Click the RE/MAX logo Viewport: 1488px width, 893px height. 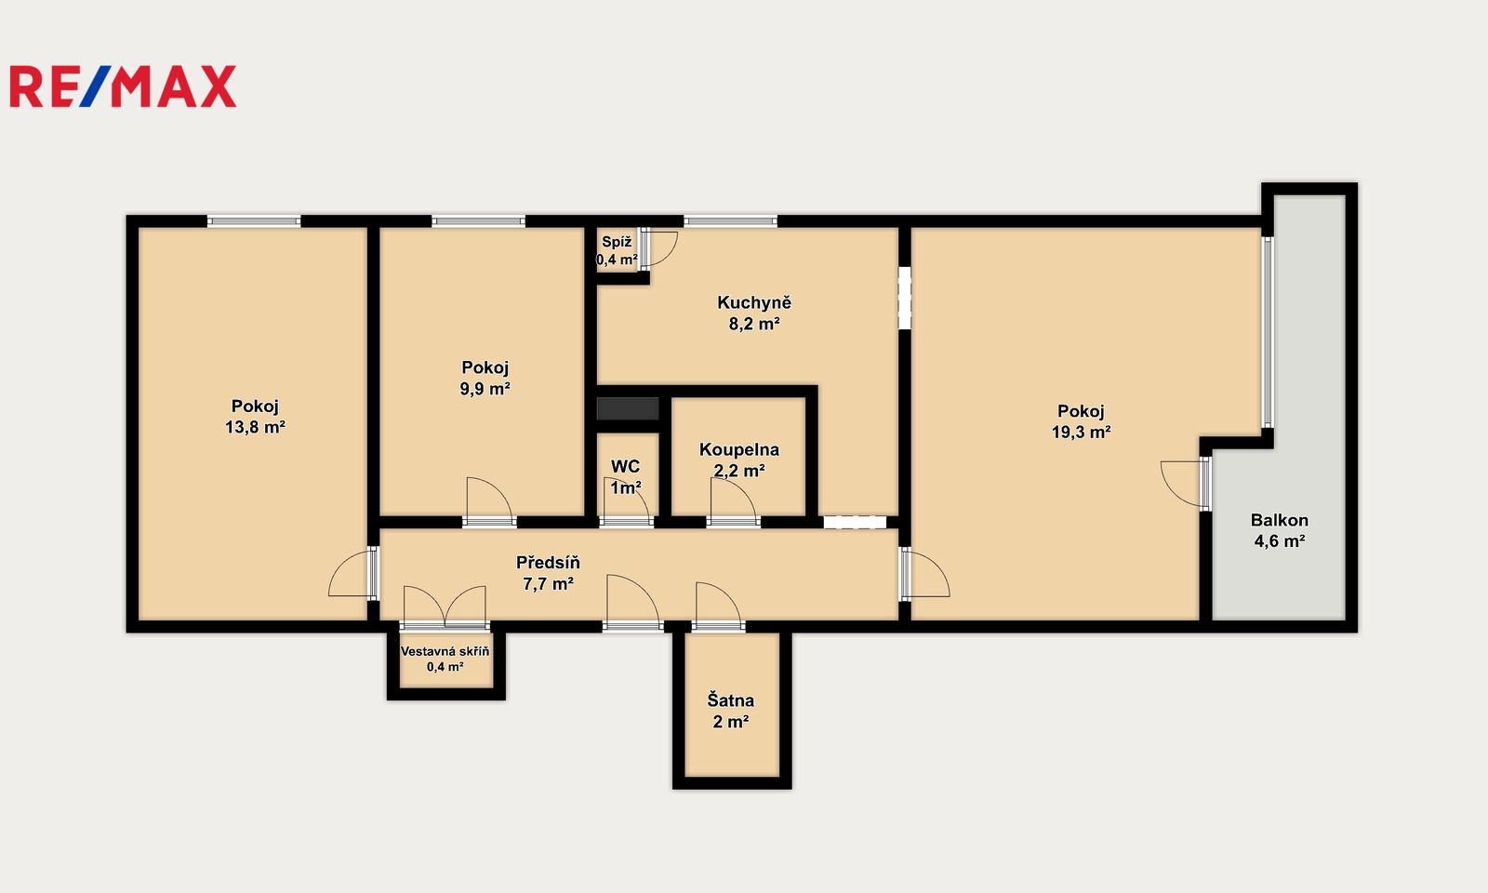point(123,87)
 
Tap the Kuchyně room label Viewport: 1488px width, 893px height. point(754,303)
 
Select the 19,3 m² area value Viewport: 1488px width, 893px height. point(1081,432)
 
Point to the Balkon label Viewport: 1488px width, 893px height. point(1280,520)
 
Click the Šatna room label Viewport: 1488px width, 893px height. point(731,700)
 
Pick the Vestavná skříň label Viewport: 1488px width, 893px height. point(445,651)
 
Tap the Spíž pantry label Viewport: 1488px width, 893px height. point(617,243)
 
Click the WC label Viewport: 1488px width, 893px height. point(625,466)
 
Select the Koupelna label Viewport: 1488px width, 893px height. point(739,450)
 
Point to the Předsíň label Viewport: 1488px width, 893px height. point(548,562)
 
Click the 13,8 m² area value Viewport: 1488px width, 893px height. point(255,427)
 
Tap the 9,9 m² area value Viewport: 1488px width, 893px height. point(485,389)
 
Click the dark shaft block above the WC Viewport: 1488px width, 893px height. point(628,408)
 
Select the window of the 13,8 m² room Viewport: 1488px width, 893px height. point(254,221)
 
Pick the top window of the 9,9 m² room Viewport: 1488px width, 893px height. point(478,221)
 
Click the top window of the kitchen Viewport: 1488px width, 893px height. point(730,221)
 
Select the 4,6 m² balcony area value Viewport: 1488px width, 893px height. point(1280,540)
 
